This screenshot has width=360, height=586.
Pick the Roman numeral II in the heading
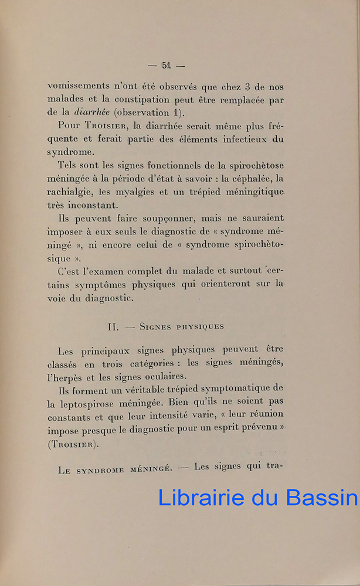click(x=114, y=327)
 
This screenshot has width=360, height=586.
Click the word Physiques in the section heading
click(x=196, y=327)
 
